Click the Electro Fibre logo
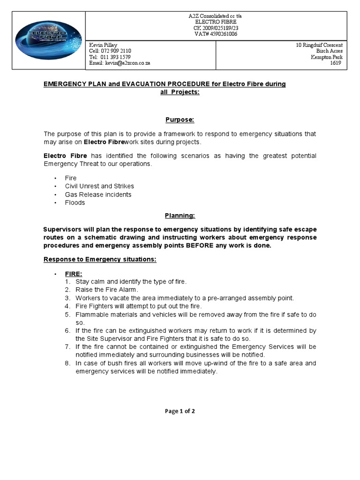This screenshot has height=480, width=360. tap(48, 40)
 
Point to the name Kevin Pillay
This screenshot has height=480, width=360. tap(103, 45)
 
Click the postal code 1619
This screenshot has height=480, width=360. tap(337, 63)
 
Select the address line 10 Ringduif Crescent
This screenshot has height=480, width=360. tap(319, 45)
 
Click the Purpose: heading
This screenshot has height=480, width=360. tap(180, 120)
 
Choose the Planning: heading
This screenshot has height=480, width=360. tap(180, 215)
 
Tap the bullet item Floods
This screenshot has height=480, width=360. tap(75, 202)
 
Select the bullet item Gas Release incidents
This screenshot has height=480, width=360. tap(98, 194)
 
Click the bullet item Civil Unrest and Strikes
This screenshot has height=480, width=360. tap(99, 186)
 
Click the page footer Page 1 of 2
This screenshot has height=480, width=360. tap(180, 411)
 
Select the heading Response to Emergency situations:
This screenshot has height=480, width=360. tap(100, 259)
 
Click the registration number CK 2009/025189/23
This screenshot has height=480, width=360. tap(215, 28)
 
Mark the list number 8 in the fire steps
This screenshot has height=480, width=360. tap(68, 363)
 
